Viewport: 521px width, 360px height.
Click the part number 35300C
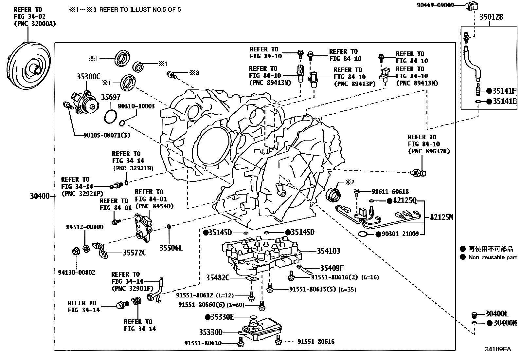click(x=88, y=77)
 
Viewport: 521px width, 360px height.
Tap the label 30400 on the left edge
click(x=40, y=197)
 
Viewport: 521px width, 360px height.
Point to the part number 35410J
click(x=328, y=251)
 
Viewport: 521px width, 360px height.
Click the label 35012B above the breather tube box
click(x=491, y=17)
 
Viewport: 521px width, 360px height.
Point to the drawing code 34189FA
click(x=497, y=349)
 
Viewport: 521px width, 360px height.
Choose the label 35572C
click(x=135, y=253)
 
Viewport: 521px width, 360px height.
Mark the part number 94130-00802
click(x=77, y=272)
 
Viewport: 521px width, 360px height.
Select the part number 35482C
click(x=218, y=278)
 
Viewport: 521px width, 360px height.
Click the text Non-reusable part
click(x=493, y=257)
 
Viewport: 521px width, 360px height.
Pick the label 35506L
click(x=171, y=248)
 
